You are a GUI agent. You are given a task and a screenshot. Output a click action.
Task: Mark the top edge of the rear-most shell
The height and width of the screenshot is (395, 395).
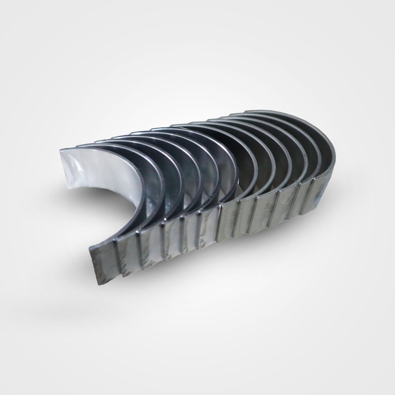[280, 114]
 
